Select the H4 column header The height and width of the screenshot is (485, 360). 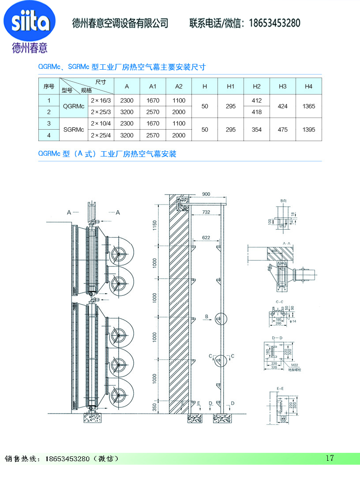point(308,86)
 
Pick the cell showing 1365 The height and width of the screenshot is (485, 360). point(308,106)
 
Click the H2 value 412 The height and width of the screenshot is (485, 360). point(257,101)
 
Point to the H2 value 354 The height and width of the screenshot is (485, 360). point(257,130)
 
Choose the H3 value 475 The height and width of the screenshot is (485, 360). point(283,130)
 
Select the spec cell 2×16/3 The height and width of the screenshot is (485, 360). point(101,101)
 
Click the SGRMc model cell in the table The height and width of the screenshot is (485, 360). point(74,130)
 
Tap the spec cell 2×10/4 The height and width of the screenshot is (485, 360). point(101,123)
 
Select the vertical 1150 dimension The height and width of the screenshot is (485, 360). point(155,225)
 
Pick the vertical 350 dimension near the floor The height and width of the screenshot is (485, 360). point(155,407)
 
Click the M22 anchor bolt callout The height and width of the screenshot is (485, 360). point(294,365)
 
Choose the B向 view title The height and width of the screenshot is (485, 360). point(284,201)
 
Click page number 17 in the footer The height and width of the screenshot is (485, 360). point(330,458)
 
